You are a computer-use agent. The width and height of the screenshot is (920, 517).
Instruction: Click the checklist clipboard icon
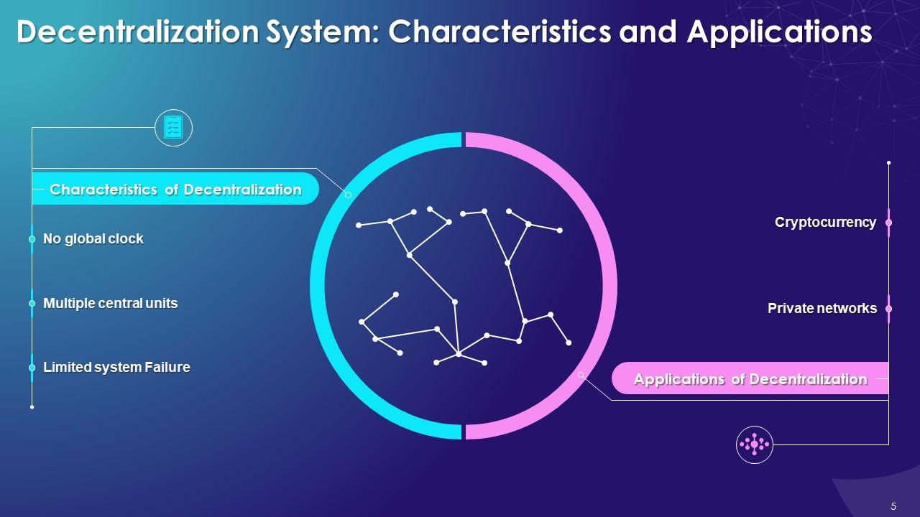click(x=173, y=128)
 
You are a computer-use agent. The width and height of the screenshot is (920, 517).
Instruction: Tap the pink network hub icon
click(x=754, y=444)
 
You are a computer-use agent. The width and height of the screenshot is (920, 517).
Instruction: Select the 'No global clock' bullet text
click(x=93, y=239)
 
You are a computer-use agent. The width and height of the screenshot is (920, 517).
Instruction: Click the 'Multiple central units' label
click(x=110, y=304)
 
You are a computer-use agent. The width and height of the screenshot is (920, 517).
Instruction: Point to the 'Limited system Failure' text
click(x=116, y=368)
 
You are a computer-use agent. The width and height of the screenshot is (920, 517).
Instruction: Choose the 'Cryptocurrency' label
click(x=825, y=223)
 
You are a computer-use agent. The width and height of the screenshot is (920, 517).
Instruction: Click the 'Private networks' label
click(x=822, y=309)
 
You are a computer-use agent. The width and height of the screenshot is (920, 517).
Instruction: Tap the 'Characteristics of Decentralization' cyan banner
click(x=175, y=190)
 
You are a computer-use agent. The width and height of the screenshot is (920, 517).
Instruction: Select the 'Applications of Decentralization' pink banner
click(x=750, y=379)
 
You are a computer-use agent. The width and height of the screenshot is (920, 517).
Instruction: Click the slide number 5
click(x=893, y=506)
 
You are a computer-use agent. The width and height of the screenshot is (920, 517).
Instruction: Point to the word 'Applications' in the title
click(x=779, y=33)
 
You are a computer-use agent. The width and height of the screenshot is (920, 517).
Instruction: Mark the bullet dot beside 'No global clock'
click(x=32, y=239)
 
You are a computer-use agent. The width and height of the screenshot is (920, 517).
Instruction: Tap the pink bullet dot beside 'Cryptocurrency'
click(x=888, y=223)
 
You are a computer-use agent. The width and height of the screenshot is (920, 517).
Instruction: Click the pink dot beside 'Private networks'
click(x=888, y=309)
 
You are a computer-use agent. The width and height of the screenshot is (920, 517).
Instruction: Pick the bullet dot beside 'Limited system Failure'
click(x=32, y=368)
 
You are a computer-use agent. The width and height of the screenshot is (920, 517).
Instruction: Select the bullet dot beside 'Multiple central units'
click(x=32, y=304)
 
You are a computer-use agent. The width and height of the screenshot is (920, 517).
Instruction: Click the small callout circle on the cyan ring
click(x=349, y=195)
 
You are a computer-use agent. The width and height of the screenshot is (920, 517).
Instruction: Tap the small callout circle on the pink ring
click(x=581, y=375)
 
